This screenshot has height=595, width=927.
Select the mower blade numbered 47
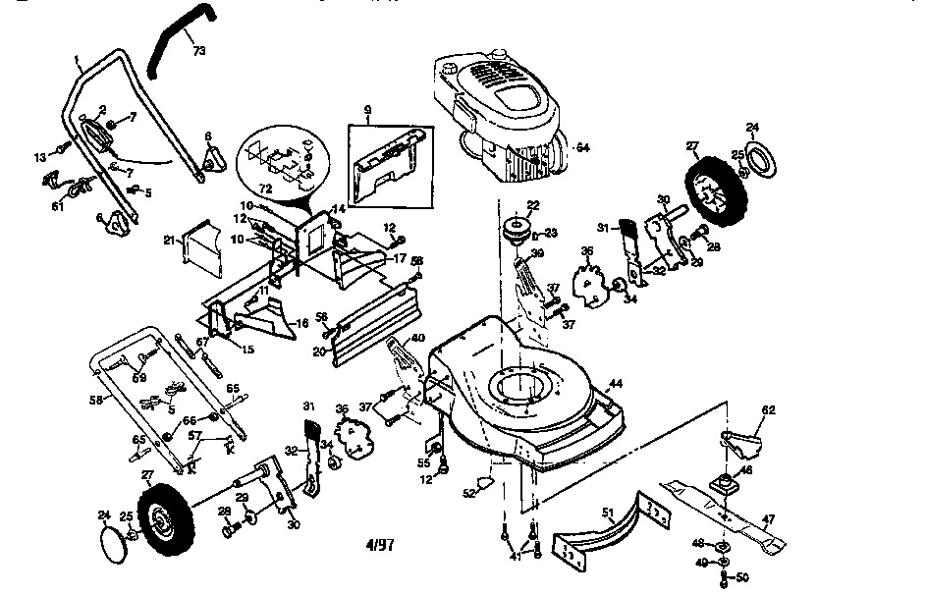click(x=727, y=510)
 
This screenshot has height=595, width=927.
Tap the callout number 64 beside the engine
click(x=582, y=147)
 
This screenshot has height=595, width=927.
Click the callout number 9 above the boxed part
click(x=366, y=111)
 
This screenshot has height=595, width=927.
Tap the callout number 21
click(x=168, y=240)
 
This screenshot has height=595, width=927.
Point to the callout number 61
click(x=58, y=206)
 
